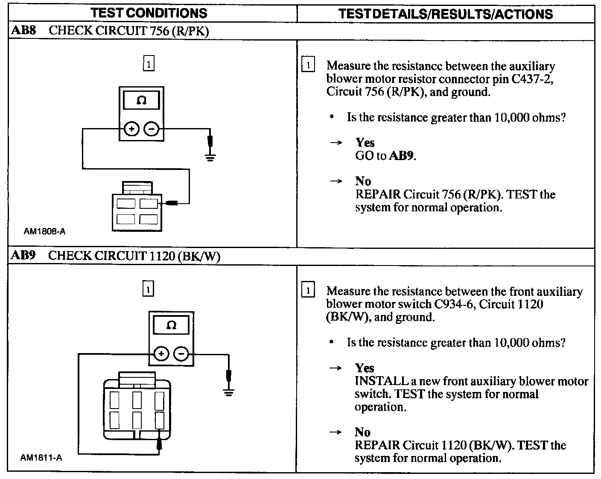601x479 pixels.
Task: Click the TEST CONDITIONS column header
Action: pos(149,13)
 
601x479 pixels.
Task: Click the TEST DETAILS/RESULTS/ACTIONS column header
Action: pos(445,14)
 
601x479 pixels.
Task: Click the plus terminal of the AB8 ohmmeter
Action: pos(131,129)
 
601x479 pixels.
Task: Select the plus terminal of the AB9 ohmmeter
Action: pos(161,354)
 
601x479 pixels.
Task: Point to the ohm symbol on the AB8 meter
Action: pos(141,100)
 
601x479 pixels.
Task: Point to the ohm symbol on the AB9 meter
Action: pos(171,325)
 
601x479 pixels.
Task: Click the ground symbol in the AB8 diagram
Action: pos(210,158)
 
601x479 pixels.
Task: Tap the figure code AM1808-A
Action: pos(44,232)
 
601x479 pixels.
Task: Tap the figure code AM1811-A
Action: pos(41,458)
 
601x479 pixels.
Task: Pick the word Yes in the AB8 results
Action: pos(365,143)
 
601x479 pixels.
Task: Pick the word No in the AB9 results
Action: pos(363,432)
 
